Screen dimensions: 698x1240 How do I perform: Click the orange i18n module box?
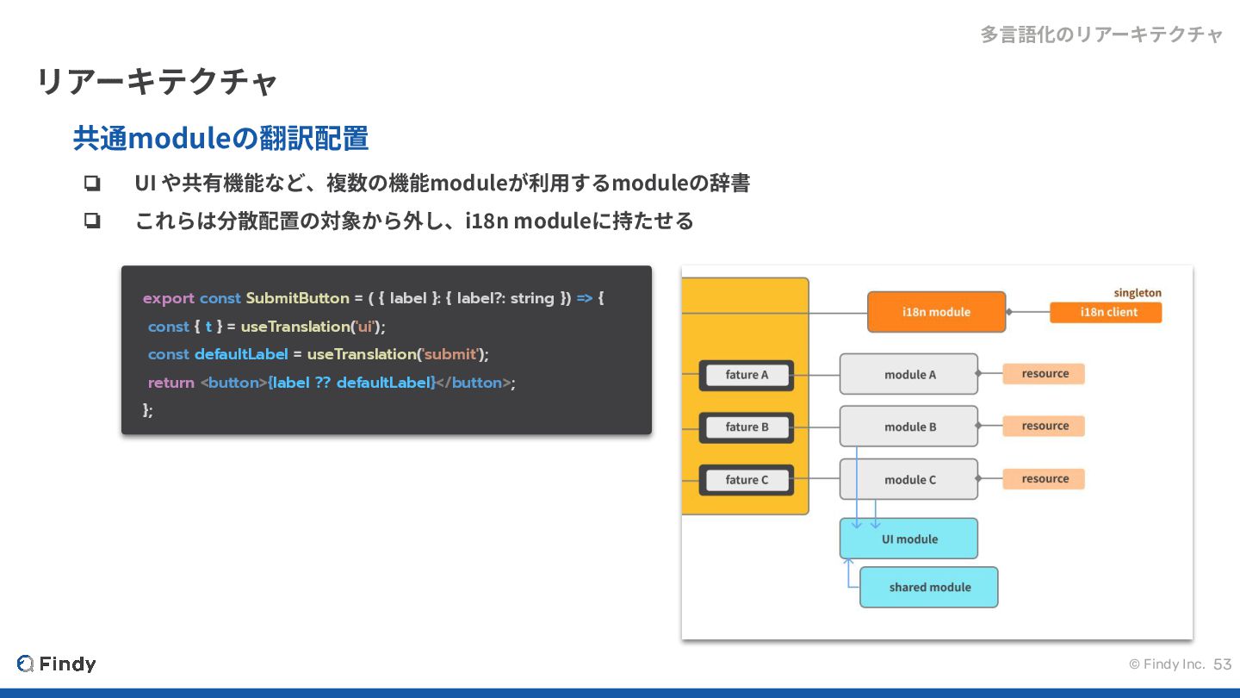click(x=936, y=312)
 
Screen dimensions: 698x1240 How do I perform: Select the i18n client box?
click(x=1106, y=312)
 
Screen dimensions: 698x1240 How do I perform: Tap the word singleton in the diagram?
click(x=1137, y=293)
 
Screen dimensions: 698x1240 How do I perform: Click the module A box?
click(x=908, y=374)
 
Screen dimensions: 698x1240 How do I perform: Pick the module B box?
click(x=908, y=427)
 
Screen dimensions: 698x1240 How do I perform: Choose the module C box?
click(x=908, y=479)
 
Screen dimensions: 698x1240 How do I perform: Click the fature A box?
click(x=747, y=375)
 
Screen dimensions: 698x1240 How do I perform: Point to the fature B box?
click(x=747, y=427)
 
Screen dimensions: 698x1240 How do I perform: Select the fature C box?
click(x=747, y=480)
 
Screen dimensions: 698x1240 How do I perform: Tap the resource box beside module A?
click(x=1044, y=374)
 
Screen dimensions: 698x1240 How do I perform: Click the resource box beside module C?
click(x=1044, y=479)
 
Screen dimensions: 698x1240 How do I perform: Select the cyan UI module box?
click(x=908, y=539)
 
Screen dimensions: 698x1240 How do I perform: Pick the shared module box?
click(x=928, y=587)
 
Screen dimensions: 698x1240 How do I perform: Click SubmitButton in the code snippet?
click(x=297, y=298)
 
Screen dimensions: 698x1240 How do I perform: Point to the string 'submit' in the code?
click(x=450, y=354)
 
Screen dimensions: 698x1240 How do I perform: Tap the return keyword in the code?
click(x=170, y=383)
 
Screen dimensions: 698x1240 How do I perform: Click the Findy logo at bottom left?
click(x=57, y=664)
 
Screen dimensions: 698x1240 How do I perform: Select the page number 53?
click(x=1222, y=664)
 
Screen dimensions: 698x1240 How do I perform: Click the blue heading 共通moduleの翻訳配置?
click(x=220, y=138)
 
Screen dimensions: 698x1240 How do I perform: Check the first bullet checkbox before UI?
click(x=92, y=184)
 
